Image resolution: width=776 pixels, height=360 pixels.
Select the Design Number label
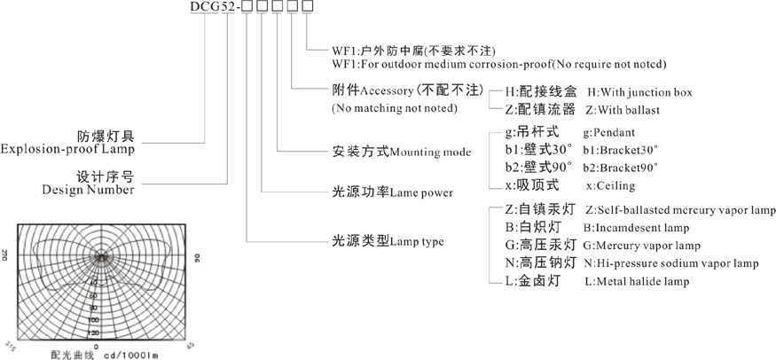(x=90, y=190)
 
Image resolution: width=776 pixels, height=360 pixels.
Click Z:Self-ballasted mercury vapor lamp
(x=681, y=211)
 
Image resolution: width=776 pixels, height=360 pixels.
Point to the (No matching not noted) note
(x=395, y=109)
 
